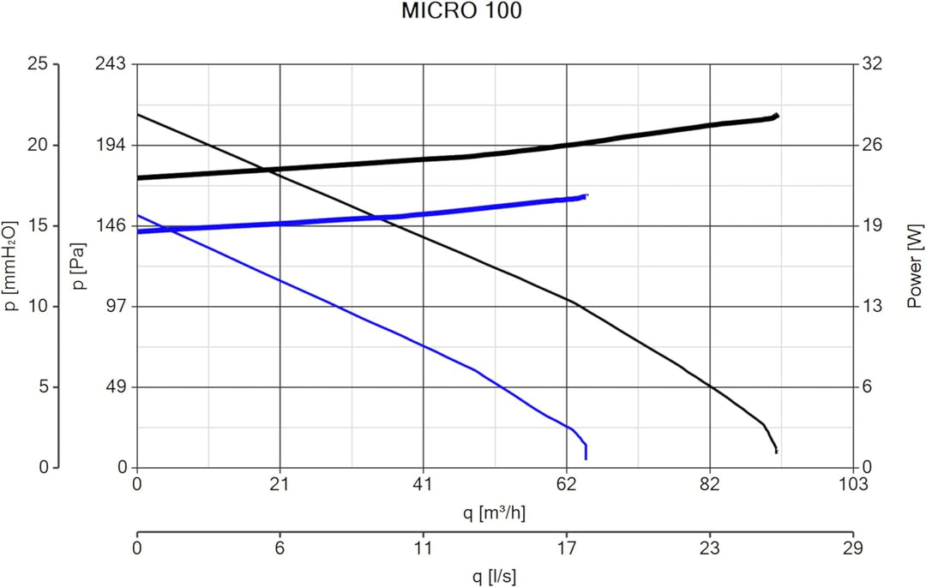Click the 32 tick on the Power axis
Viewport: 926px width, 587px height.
[x=870, y=64]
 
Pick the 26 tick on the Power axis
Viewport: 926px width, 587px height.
[x=870, y=145]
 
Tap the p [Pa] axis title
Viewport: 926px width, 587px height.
[x=79, y=266]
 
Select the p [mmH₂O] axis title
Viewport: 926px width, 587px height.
[x=12, y=266]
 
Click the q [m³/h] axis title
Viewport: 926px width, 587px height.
[x=494, y=513]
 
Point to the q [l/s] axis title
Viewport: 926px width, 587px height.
[x=494, y=575]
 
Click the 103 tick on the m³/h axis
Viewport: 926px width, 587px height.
[x=852, y=484]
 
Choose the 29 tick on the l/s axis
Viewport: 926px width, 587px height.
[x=852, y=545]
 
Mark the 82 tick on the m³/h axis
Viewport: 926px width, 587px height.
[x=709, y=484]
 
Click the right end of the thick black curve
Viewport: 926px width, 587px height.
[x=777, y=115]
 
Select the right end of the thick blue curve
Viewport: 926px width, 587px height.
[x=586, y=196]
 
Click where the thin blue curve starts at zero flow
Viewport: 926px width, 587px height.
[x=138, y=215]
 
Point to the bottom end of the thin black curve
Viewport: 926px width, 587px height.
[x=776, y=452]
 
